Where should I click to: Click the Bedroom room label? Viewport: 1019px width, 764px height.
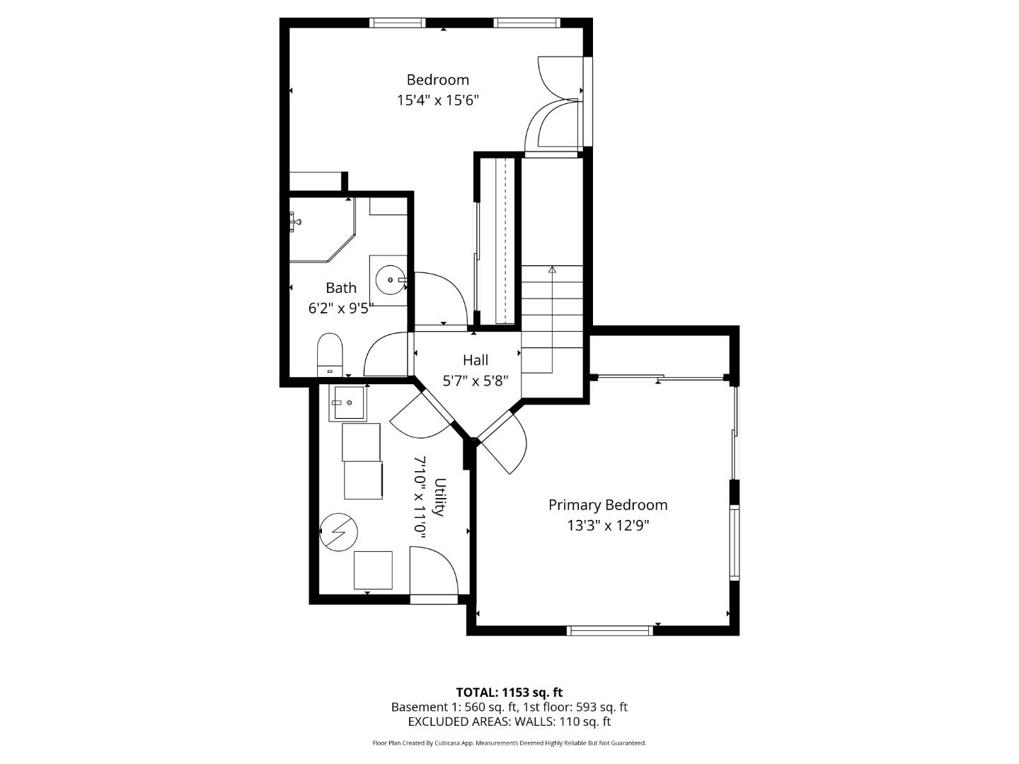[437, 80]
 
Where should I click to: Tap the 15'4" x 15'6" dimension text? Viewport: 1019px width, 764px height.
[437, 100]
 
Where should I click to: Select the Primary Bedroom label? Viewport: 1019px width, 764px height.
[608, 505]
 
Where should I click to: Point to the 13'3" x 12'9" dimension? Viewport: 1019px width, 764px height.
[608, 526]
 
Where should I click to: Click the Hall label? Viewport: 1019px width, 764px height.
[476, 360]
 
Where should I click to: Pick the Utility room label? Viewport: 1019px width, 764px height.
[439, 497]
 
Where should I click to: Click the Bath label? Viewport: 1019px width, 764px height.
[341, 288]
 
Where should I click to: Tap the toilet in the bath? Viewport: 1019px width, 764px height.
[330, 354]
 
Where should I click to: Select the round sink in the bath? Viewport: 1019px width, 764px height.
[389, 280]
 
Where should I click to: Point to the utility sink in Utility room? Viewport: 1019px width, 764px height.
[347, 403]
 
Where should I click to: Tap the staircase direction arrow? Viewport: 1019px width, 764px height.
[552, 270]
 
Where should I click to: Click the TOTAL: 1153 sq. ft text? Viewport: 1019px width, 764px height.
[509, 693]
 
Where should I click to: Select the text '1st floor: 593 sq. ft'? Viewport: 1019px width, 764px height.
[575, 707]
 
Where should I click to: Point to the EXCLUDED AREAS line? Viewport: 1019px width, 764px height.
[509, 722]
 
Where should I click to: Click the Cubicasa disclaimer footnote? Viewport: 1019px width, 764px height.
[509, 743]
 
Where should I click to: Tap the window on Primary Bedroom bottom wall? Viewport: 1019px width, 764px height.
[611, 630]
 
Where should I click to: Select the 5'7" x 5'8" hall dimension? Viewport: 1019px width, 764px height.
[476, 381]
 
